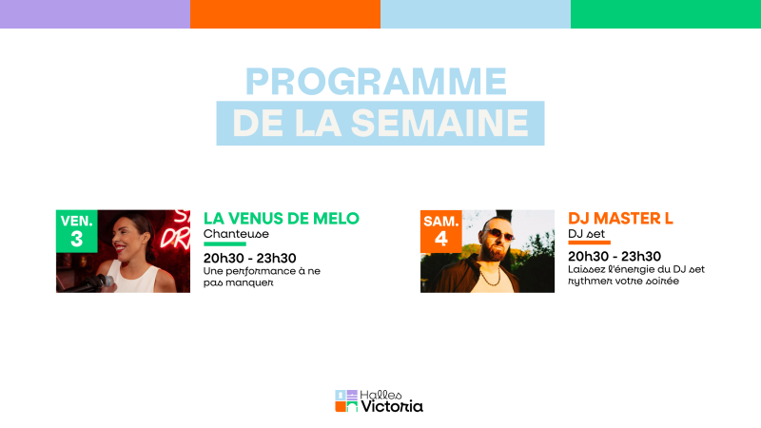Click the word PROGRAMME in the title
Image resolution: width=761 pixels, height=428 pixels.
point(376,82)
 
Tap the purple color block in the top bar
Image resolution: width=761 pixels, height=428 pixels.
point(95,14)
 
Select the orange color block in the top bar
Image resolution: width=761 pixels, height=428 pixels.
point(285,14)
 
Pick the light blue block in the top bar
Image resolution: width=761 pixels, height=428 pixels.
point(476,14)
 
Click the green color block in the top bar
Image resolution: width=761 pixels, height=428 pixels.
point(666,14)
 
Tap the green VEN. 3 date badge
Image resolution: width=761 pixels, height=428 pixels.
point(76,230)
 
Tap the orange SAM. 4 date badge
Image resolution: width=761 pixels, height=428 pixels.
point(440,231)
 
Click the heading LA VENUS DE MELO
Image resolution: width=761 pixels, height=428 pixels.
point(282,218)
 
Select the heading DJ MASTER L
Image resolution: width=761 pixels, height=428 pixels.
point(620,218)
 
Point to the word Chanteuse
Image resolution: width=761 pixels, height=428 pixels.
point(237,234)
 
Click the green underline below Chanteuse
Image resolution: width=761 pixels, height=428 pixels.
point(224,244)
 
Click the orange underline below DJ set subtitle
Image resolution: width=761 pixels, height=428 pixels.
point(589,244)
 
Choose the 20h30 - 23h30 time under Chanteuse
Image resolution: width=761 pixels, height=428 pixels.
point(250,257)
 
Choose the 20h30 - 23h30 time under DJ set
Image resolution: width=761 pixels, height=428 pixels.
point(615,257)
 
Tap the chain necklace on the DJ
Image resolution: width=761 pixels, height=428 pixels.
point(490,275)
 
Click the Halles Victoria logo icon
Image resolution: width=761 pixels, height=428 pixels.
point(345,401)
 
